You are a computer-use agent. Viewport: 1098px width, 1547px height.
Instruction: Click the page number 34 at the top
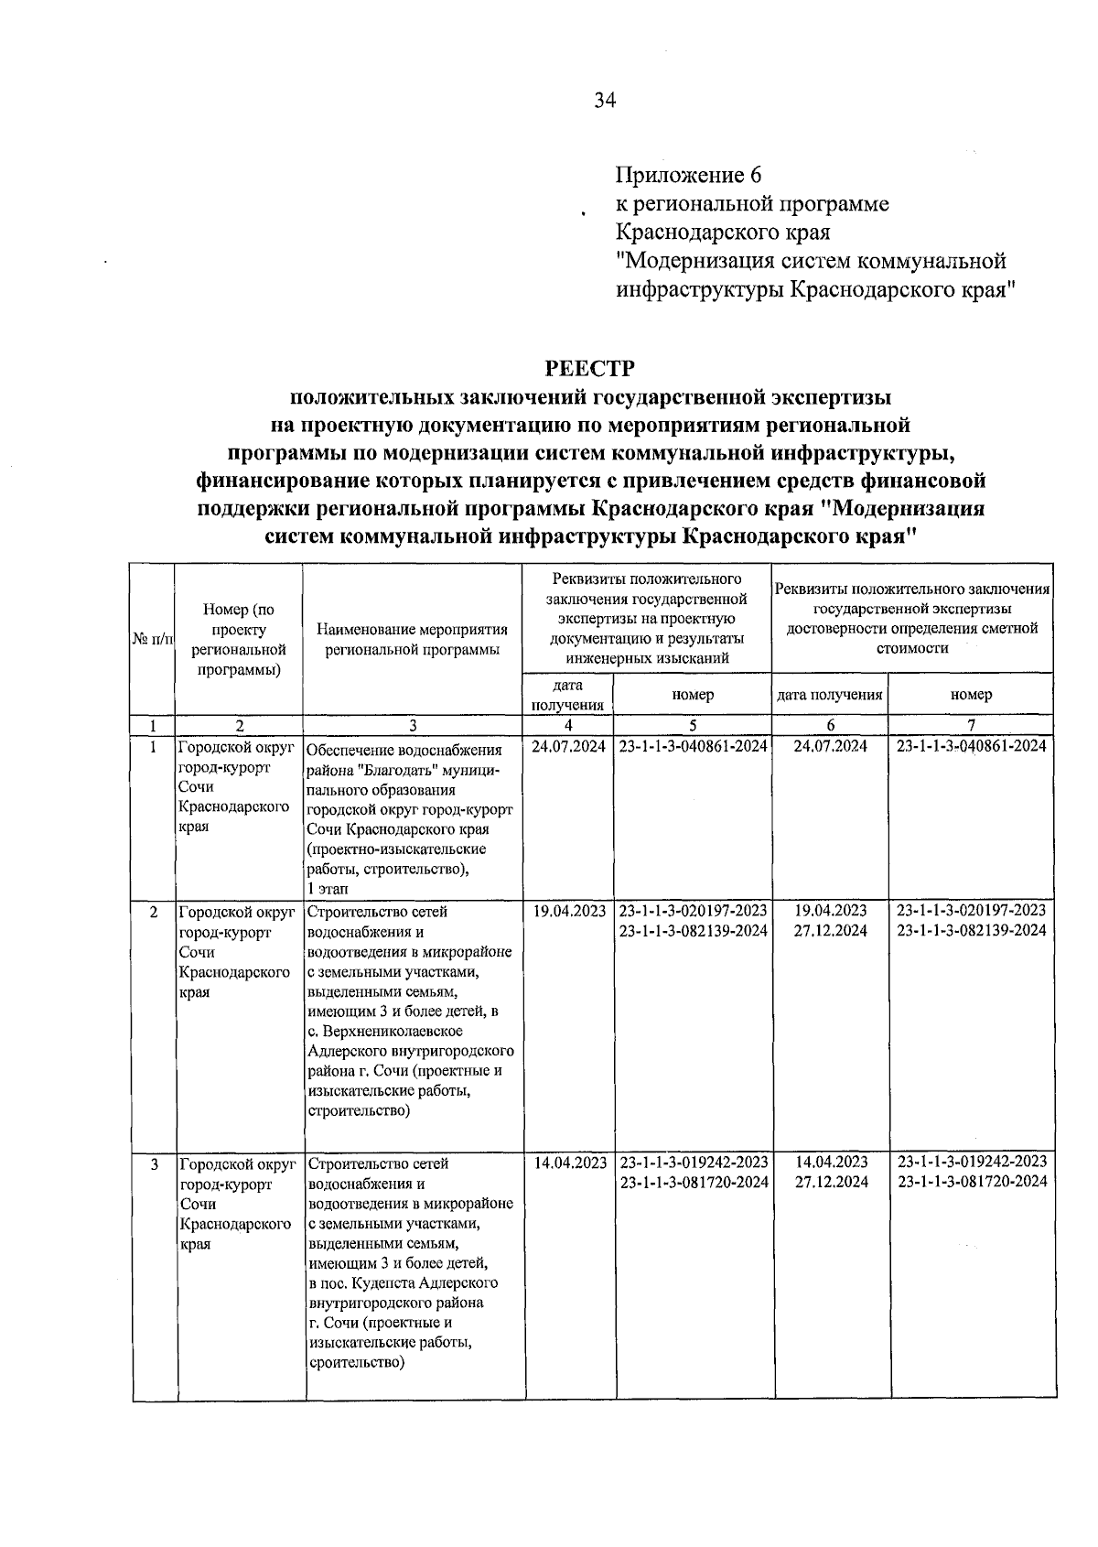point(605,101)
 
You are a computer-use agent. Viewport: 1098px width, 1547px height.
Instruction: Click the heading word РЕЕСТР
point(589,368)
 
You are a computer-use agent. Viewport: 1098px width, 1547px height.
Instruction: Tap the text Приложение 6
point(688,174)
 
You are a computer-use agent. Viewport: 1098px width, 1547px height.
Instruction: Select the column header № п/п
point(153,638)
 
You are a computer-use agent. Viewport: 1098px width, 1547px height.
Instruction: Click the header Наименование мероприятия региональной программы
point(412,639)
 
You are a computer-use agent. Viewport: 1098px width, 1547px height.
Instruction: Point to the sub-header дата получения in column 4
point(567,695)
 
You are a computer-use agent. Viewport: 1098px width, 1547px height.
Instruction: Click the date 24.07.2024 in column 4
point(568,747)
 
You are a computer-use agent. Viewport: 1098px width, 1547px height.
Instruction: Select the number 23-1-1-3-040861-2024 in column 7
point(971,747)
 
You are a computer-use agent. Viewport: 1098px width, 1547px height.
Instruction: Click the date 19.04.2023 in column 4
point(568,911)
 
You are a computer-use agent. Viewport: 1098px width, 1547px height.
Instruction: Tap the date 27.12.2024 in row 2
point(831,931)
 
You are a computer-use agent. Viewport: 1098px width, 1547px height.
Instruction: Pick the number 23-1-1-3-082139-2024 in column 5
point(693,931)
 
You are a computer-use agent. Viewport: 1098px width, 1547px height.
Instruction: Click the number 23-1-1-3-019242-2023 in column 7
point(972,1162)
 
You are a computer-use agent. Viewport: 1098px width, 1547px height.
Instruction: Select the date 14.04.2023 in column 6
point(831,1163)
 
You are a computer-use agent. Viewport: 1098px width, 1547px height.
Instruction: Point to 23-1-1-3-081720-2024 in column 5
point(694,1183)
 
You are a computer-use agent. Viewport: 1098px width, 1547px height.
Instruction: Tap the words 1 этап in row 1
point(328,889)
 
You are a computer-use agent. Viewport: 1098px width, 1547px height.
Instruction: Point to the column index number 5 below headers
point(693,726)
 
